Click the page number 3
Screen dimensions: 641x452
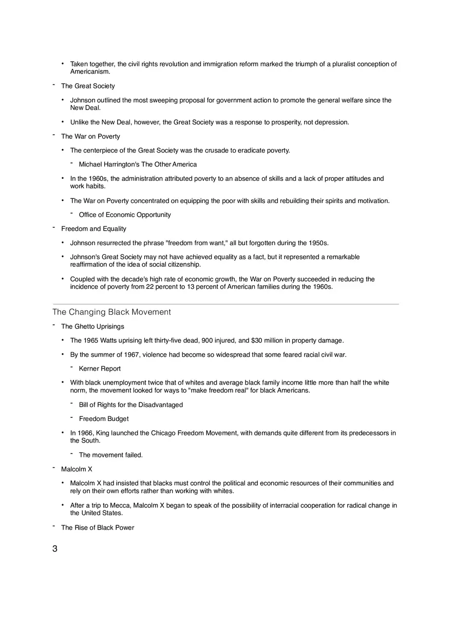click(x=55, y=548)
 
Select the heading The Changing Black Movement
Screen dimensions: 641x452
click(x=111, y=312)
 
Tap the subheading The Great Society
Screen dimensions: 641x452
click(x=88, y=86)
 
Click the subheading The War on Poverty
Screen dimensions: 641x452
click(x=90, y=136)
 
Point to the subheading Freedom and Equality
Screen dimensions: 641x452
click(x=93, y=229)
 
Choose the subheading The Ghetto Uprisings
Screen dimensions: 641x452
click(x=92, y=326)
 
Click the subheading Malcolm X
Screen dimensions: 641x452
click(x=77, y=469)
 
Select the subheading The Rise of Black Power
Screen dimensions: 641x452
click(x=98, y=527)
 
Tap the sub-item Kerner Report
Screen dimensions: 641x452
click(x=100, y=369)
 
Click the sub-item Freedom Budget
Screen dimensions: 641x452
click(x=104, y=419)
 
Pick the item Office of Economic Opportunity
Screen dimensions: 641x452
click(x=125, y=215)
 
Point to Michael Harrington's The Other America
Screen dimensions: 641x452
click(x=138, y=164)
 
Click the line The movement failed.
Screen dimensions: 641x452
click(x=111, y=455)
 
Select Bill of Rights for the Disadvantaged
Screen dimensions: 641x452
click(x=131, y=405)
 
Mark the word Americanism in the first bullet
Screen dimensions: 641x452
click(x=90, y=71)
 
